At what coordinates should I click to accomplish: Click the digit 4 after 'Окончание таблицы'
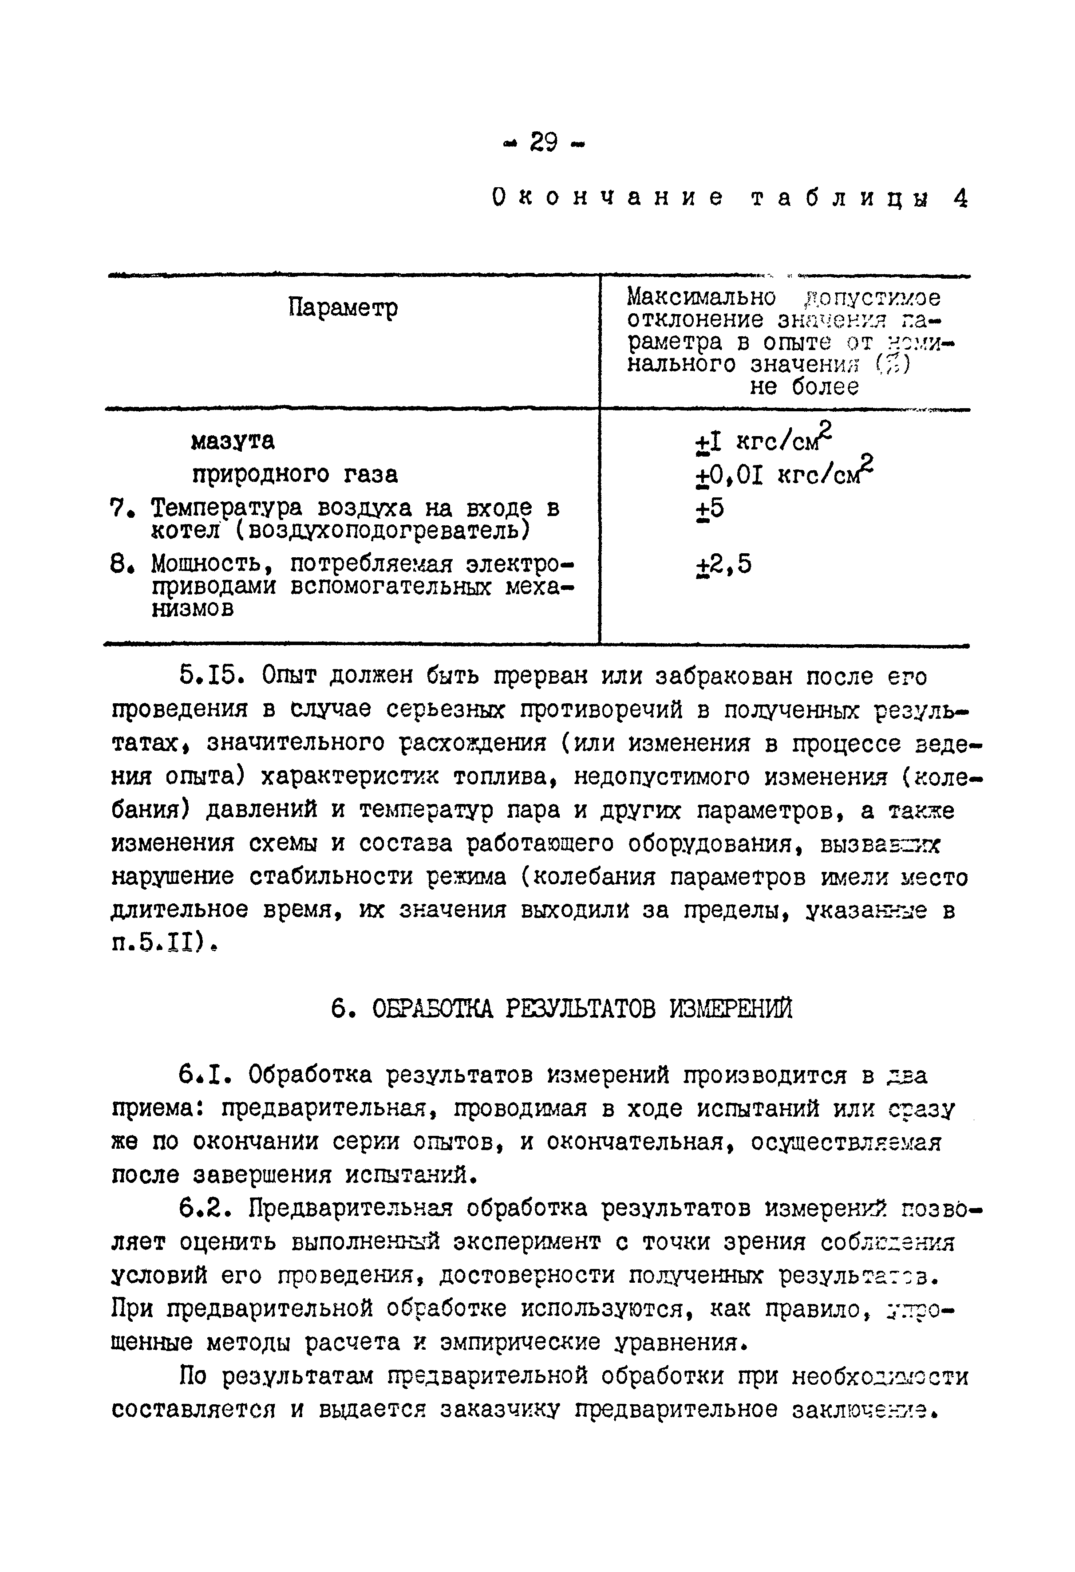coord(960,198)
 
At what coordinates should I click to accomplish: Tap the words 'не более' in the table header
coord(804,387)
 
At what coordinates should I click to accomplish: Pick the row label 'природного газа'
coord(295,474)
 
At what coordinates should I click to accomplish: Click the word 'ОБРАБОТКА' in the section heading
coord(438,1010)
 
